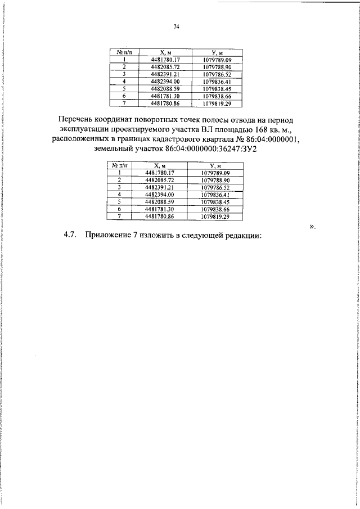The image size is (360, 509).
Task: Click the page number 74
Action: pos(176,26)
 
